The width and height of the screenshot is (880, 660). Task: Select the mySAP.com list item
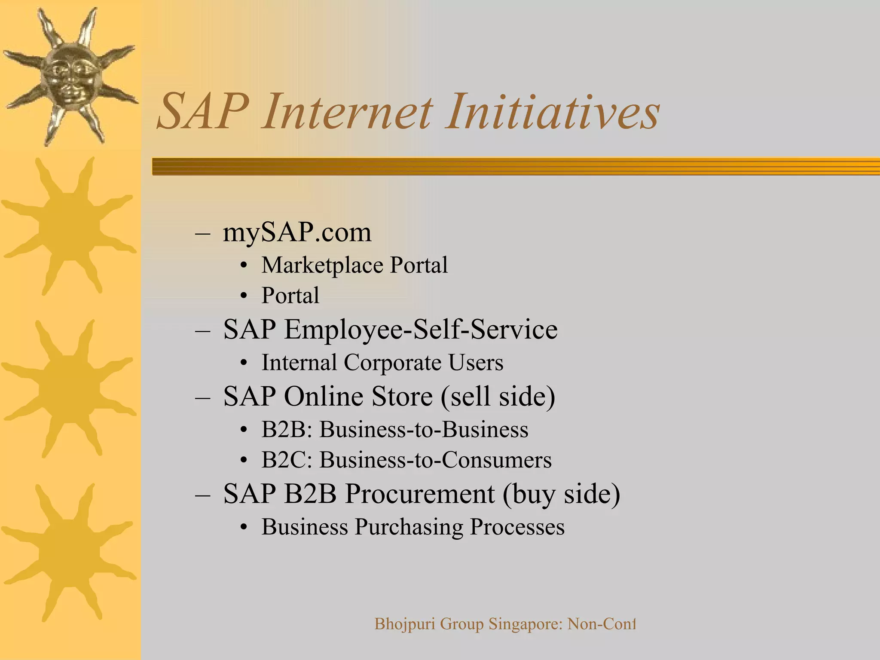point(297,232)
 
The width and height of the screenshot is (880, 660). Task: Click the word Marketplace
point(322,265)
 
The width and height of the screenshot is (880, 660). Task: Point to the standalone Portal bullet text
point(290,296)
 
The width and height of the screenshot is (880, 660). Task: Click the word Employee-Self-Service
point(420,330)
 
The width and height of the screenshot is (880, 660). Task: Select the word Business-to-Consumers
point(435,460)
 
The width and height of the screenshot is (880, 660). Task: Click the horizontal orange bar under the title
point(516,166)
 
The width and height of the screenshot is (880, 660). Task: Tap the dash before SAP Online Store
point(202,397)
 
